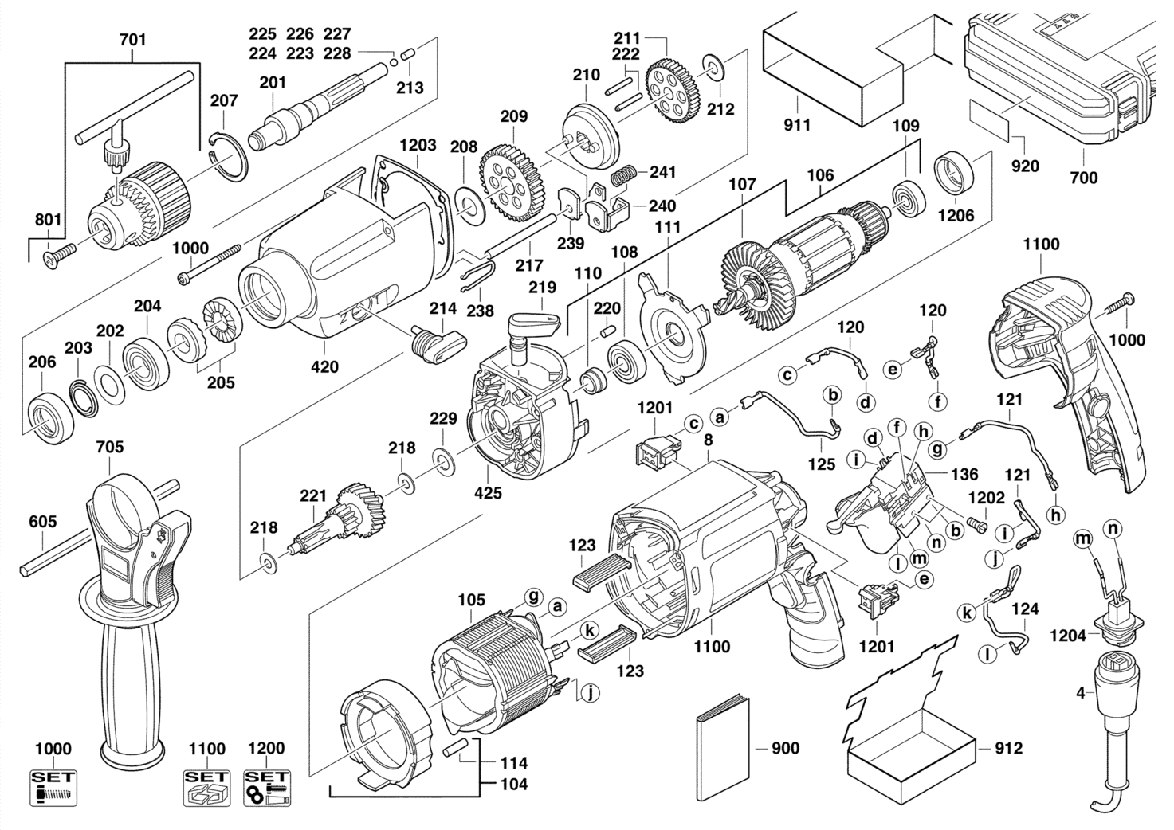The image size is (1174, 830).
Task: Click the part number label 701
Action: (132, 39)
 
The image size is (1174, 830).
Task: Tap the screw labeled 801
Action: (59, 253)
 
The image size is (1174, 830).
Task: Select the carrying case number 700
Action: (1083, 177)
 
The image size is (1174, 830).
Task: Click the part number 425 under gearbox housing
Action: (488, 493)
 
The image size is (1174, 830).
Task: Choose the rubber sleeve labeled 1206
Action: (954, 173)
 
